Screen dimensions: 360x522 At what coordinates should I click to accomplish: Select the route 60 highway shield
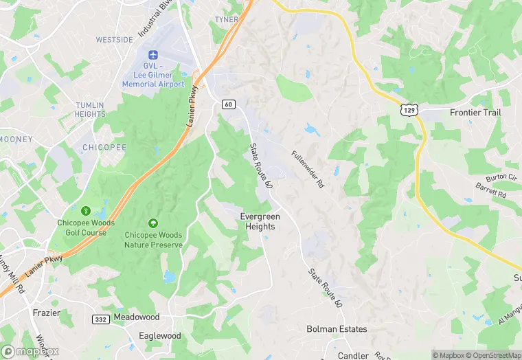[x=229, y=104]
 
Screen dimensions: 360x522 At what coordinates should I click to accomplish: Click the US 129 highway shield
[x=410, y=109]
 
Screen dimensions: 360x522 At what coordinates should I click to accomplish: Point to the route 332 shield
[x=100, y=319]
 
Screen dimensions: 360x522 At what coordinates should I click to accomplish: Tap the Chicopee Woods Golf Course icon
[x=86, y=210]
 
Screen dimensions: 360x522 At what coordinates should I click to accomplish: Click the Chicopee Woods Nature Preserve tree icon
[x=153, y=223]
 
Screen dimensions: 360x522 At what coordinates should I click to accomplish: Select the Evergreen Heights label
[x=258, y=221]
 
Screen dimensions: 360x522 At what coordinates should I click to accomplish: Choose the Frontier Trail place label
[x=475, y=112]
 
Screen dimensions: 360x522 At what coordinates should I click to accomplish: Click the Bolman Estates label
[x=337, y=329]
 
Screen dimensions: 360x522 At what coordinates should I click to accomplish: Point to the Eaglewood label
[x=159, y=336]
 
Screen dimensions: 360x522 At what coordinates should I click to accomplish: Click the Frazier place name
[x=47, y=313]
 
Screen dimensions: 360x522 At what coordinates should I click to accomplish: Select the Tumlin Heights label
[x=90, y=109]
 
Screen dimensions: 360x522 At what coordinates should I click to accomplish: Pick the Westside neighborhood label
[x=114, y=40]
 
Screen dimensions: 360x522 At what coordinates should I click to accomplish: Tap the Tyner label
[x=226, y=19]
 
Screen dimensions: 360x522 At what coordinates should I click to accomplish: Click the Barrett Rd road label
[x=491, y=191]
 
